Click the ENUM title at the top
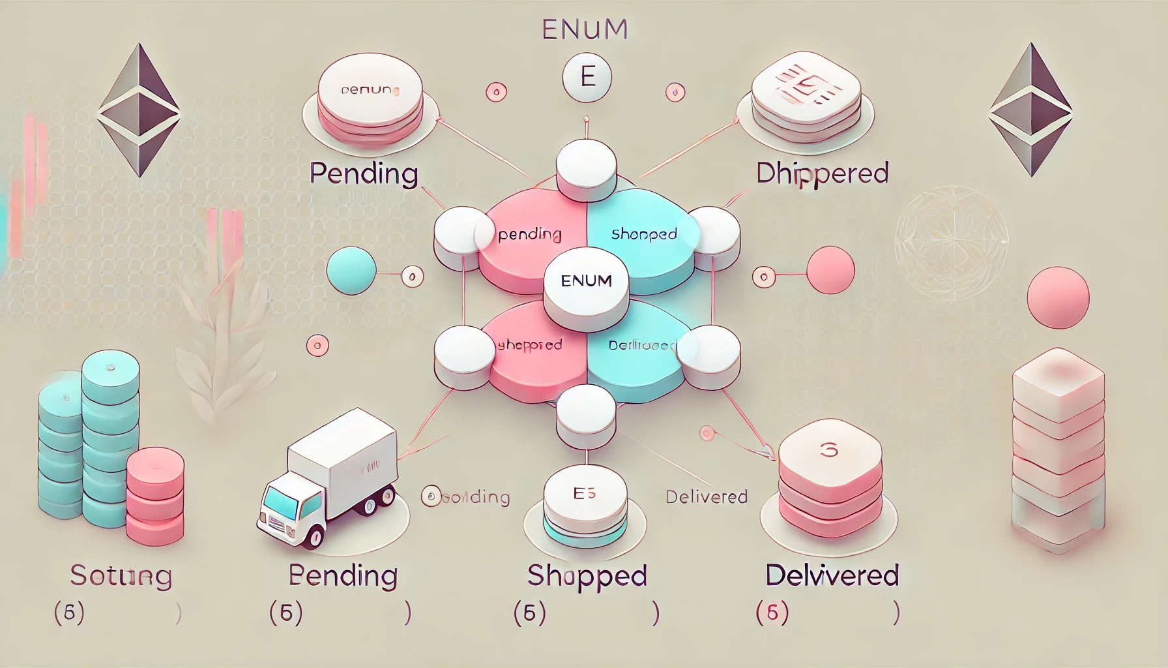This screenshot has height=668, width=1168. click(x=585, y=29)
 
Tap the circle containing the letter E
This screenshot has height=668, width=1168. click(x=587, y=78)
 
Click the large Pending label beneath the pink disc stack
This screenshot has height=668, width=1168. click(x=363, y=174)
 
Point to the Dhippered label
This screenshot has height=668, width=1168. click(x=822, y=174)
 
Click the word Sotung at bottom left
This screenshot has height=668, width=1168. click(x=121, y=575)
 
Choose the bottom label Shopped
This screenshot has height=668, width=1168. click(x=587, y=575)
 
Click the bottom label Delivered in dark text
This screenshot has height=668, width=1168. click(x=832, y=575)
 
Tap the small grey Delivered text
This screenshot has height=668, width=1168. click(x=706, y=497)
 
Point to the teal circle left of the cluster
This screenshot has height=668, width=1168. click(x=351, y=270)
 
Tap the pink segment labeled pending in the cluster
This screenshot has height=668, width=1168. click(x=528, y=241)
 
